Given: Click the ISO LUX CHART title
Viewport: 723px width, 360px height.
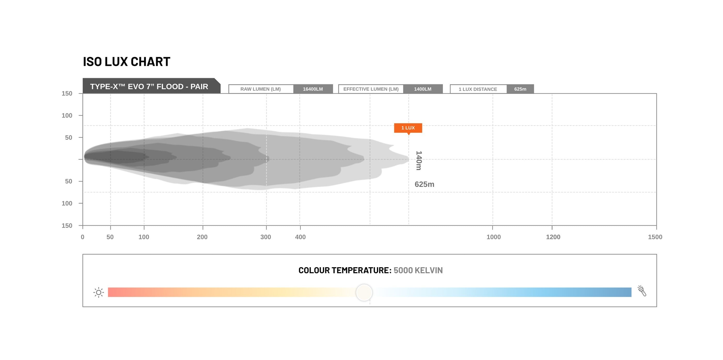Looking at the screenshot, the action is point(127,62).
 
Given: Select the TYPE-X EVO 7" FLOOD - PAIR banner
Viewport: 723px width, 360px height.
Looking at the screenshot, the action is point(152,86).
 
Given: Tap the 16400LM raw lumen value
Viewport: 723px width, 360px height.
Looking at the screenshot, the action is point(313,89).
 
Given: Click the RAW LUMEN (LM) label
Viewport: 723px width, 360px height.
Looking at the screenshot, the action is point(261,89).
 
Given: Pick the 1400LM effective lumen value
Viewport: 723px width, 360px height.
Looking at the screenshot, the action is point(423,89).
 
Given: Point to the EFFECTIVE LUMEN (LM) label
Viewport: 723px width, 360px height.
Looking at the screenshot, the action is point(371,89).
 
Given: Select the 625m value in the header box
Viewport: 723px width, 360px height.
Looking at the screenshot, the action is point(520,89).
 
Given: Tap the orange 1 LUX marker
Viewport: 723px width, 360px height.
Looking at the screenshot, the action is point(408,128).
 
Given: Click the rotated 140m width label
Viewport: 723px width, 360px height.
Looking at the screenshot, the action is point(419,161).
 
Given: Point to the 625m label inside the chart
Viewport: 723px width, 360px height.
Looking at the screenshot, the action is point(424,184).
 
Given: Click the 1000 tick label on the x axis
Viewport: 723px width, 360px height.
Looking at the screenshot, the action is point(493,237).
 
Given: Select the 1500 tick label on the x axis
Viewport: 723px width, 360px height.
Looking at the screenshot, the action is point(655,237).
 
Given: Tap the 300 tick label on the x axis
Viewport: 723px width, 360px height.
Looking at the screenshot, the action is point(265,237).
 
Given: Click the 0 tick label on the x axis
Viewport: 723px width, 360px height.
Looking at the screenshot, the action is point(83,237).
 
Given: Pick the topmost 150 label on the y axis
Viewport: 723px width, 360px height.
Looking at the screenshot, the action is point(67,94).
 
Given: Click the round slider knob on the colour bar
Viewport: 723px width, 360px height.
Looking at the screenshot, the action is point(364,292).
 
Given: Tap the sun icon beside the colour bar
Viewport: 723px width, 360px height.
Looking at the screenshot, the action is point(99,292).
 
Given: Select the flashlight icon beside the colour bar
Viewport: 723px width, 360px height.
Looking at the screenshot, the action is point(642,291).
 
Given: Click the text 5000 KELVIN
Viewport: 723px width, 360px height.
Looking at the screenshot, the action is point(418,270).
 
